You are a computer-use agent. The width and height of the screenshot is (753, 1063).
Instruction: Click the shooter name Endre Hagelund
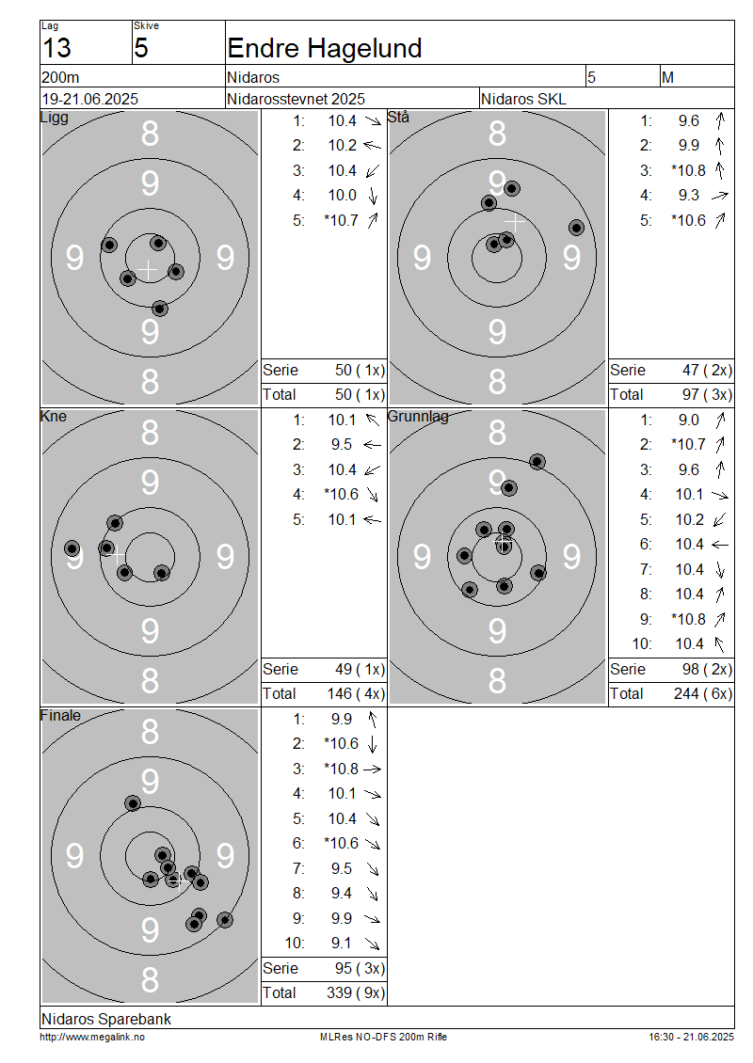coord(325,48)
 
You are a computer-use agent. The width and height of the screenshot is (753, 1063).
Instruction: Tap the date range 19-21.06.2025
coord(90,99)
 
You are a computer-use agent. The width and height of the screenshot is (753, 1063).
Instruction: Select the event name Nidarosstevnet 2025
coord(296,99)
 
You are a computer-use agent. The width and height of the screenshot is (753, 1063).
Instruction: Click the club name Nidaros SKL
coord(523,99)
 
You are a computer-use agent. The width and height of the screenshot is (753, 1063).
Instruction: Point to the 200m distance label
coord(60,77)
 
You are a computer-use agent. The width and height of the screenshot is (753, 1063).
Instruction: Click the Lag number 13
coord(56,48)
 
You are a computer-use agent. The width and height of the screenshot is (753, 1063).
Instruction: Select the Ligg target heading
coord(55,118)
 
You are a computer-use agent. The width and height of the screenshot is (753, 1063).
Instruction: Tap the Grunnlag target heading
coord(418,416)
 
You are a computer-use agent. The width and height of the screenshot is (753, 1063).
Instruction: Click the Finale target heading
coord(60,715)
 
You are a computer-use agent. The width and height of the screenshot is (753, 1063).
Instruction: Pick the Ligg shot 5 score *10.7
coord(341,220)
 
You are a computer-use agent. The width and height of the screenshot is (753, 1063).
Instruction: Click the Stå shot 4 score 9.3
coord(689,196)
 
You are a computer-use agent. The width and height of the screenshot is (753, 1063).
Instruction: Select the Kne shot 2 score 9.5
coord(342,445)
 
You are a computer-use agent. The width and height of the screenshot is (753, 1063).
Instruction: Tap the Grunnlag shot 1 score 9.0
coord(689,420)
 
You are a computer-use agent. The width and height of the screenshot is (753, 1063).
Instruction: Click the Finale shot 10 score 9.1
coord(342,943)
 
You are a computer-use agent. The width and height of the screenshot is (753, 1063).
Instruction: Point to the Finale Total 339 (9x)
coord(356,993)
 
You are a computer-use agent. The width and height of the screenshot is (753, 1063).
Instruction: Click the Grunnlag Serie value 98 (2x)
coord(707,670)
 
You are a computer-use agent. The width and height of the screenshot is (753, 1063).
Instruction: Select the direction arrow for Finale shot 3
coord(373,769)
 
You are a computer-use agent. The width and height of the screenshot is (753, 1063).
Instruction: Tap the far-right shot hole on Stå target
coord(576,228)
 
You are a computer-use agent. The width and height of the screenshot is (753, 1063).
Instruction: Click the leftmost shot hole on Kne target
coord(72,548)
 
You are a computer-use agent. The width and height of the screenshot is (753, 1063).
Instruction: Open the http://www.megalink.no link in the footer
coord(92,1037)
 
